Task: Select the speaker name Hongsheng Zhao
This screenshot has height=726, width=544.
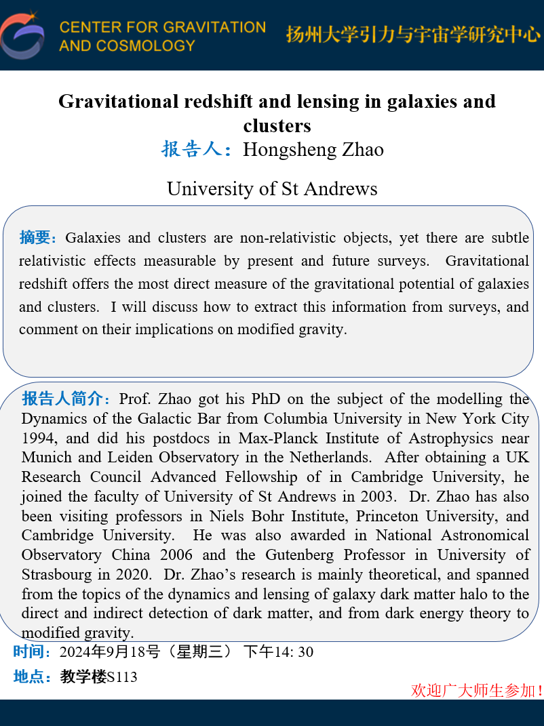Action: pyautogui.click(x=313, y=149)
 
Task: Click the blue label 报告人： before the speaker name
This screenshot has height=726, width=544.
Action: pyautogui.click(x=199, y=149)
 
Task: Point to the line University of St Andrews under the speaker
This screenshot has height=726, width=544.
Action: pyautogui.click(x=272, y=188)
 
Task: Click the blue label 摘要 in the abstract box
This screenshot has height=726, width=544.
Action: pyautogui.click(x=38, y=238)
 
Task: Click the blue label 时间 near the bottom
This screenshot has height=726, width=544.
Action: pyautogui.click(x=32, y=652)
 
